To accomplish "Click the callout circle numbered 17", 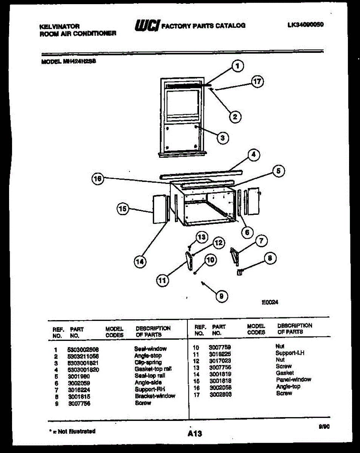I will pyautogui.click(x=258, y=82).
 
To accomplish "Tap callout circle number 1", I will pyautogui.click(x=237, y=67).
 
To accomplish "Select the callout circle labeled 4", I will pyautogui.click(x=254, y=154).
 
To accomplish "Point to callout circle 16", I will pyautogui.click(x=98, y=180).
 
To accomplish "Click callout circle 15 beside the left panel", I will pyautogui.click(x=123, y=208).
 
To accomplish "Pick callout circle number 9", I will pyautogui.click(x=221, y=297).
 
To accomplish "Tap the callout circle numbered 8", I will pyautogui.click(x=269, y=258).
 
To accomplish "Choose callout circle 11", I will pyautogui.click(x=162, y=280).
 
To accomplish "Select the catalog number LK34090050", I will pyautogui.click(x=306, y=25).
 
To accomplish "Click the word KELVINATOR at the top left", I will pyautogui.click(x=59, y=26).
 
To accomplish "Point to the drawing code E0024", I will pyautogui.click(x=270, y=302).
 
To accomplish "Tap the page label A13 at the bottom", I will pyautogui.click(x=195, y=434).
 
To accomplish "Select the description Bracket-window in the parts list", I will pyautogui.click(x=155, y=396).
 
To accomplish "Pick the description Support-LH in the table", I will pyautogui.click(x=290, y=353).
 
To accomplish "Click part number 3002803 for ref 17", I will pyautogui.click(x=221, y=394).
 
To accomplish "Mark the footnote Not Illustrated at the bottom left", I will pyautogui.click(x=72, y=431).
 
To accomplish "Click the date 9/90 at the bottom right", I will pyautogui.click(x=324, y=427).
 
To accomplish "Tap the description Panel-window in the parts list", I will pyautogui.click(x=294, y=379).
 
